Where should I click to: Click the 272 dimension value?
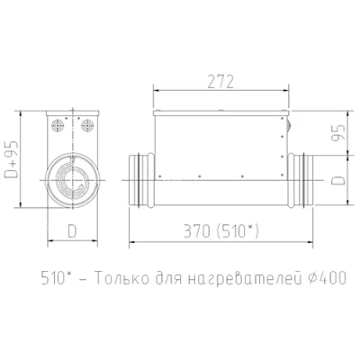point(220,82)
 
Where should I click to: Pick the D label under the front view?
point(72,231)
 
